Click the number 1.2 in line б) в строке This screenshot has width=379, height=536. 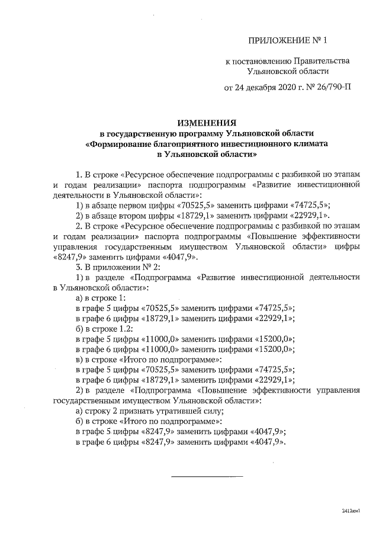[x=126, y=328]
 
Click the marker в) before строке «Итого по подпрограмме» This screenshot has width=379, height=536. [x=82, y=360]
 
